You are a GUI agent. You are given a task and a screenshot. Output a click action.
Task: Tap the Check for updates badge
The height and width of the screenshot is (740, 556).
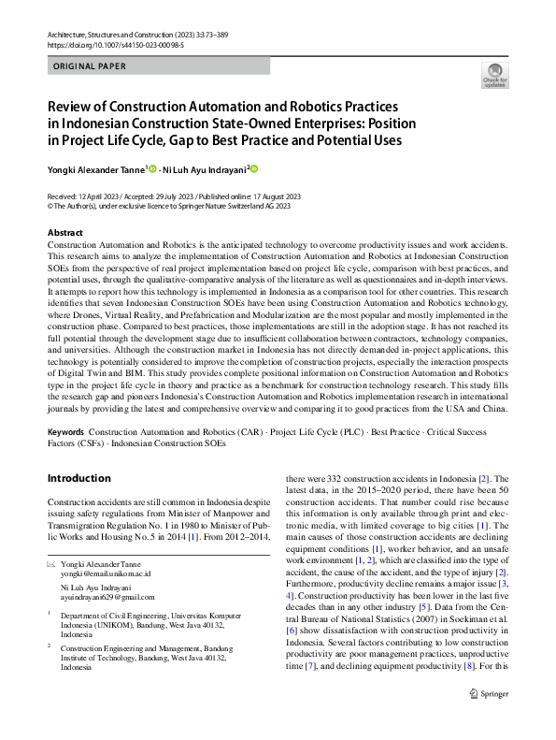pyautogui.click(x=494, y=76)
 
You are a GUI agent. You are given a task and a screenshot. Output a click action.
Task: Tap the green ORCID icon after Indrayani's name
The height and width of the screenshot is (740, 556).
pyautogui.click(x=252, y=169)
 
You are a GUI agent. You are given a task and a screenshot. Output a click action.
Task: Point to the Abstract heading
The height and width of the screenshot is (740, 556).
pyautogui.click(x=64, y=232)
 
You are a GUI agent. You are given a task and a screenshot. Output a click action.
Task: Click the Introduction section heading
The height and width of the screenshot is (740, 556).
pyautogui.click(x=78, y=478)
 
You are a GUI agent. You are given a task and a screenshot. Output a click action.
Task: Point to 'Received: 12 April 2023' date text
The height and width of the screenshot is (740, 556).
pyautogui.click(x=83, y=197)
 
